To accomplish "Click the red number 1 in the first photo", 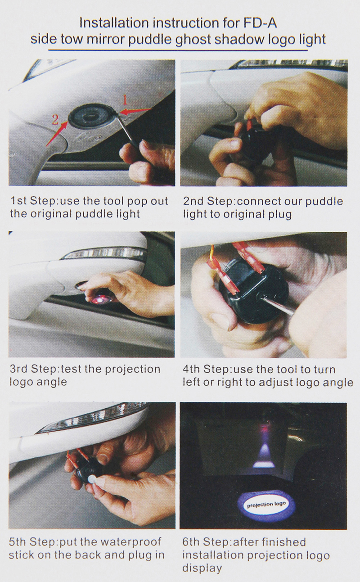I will click(x=126, y=99).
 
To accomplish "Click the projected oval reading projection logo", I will click(x=267, y=504).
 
